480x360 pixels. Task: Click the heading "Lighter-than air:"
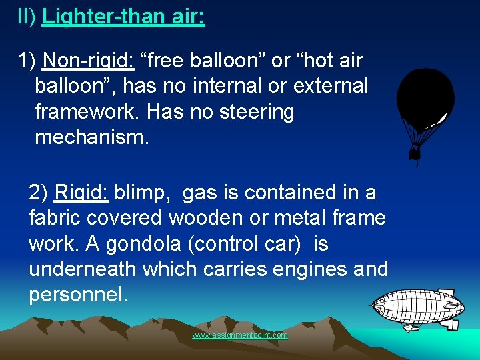click(x=123, y=17)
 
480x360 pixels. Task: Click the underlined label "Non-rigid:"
click(x=88, y=61)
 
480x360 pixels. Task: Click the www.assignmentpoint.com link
click(x=240, y=335)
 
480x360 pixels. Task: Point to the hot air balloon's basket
click(x=416, y=155)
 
